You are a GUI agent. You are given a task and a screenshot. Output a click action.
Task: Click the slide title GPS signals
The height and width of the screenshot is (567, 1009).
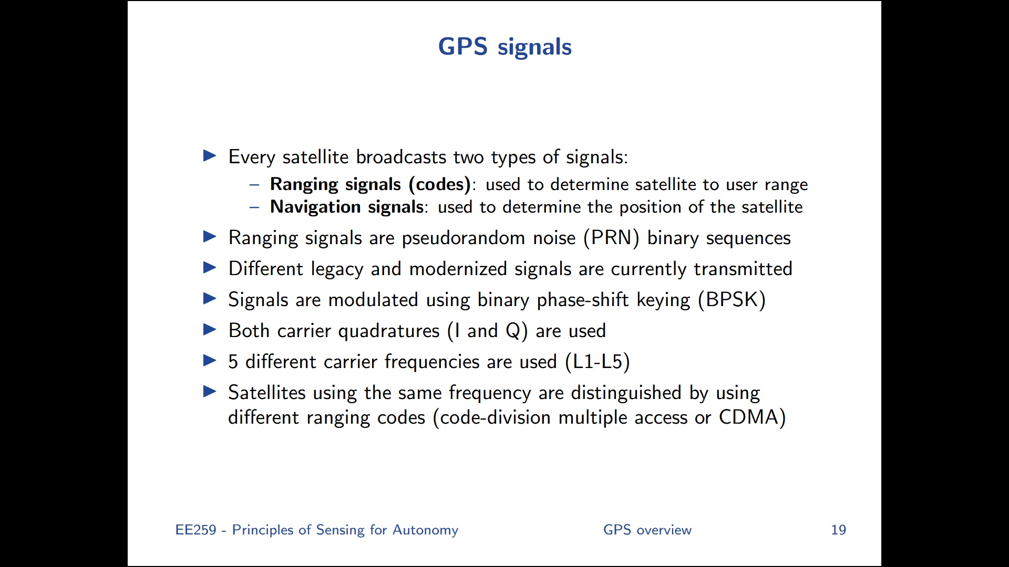click(x=504, y=47)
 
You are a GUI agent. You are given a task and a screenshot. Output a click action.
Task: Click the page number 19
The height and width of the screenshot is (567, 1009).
click(x=838, y=530)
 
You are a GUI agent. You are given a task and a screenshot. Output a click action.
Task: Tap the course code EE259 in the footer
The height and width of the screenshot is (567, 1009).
click(x=195, y=530)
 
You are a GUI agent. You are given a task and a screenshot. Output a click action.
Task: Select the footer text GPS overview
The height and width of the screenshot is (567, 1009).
click(x=647, y=530)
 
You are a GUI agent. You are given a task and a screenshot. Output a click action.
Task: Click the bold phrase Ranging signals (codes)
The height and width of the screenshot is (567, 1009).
click(x=370, y=184)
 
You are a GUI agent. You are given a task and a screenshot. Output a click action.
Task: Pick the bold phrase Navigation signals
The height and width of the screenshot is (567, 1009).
click(x=347, y=207)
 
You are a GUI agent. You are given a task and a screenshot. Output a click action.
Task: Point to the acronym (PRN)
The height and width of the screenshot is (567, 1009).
click(x=611, y=238)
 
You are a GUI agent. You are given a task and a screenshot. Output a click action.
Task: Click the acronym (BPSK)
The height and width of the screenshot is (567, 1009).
click(x=732, y=300)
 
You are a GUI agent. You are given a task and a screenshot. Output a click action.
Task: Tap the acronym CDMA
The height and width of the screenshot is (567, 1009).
click(x=749, y=417)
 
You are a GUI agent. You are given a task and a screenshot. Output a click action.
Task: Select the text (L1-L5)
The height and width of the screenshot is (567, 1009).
click(x=598, y=362)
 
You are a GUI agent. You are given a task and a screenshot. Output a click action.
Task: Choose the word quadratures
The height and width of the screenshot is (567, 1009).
click(x=389, y=331)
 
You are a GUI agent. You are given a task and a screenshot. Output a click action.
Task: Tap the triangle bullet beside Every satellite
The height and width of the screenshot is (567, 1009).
click(x=210, y=156)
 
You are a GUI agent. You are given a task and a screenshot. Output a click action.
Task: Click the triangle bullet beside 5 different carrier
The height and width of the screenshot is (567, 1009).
click(x=210, y=361)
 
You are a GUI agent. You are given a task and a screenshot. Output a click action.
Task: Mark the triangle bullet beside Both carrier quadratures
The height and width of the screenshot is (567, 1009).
click(x=210, y=330)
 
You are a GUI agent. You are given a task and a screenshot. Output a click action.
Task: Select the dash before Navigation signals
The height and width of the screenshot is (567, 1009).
click(x=254, y=207)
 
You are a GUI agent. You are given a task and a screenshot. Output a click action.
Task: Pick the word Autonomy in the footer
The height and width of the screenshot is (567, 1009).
click(x=425, y=530)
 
